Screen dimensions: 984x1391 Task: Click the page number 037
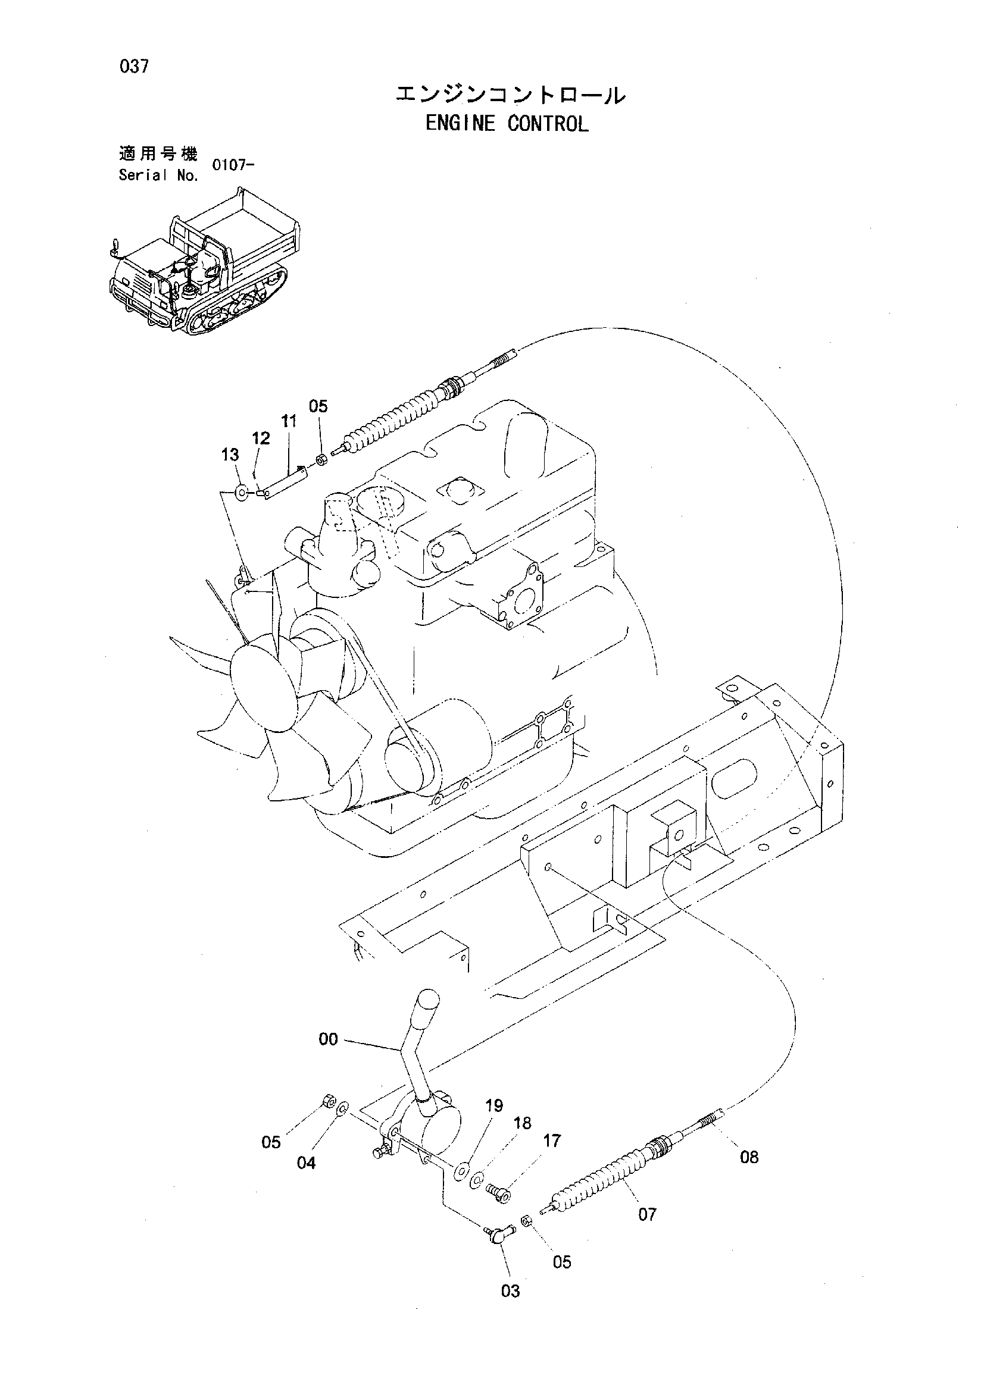(134, 66)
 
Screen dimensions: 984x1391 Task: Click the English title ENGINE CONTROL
(506, 124)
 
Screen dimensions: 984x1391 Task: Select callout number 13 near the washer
(230, 455)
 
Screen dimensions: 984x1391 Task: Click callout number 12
(261, 438)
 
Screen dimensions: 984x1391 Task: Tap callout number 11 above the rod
(289, 421)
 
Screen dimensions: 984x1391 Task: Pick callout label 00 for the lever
(328, 1039)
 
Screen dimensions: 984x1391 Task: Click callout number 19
(493, 1105)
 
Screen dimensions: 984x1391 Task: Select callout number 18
(522, 1123)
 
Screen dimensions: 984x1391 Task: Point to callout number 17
(551, 1141)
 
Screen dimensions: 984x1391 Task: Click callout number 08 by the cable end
(749, 1158)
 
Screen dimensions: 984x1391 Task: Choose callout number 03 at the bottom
(511, 1292)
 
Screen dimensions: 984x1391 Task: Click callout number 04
(306, 1163)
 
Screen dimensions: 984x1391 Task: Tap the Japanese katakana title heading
(510, 95)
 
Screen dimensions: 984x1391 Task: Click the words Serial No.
(158, 176)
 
